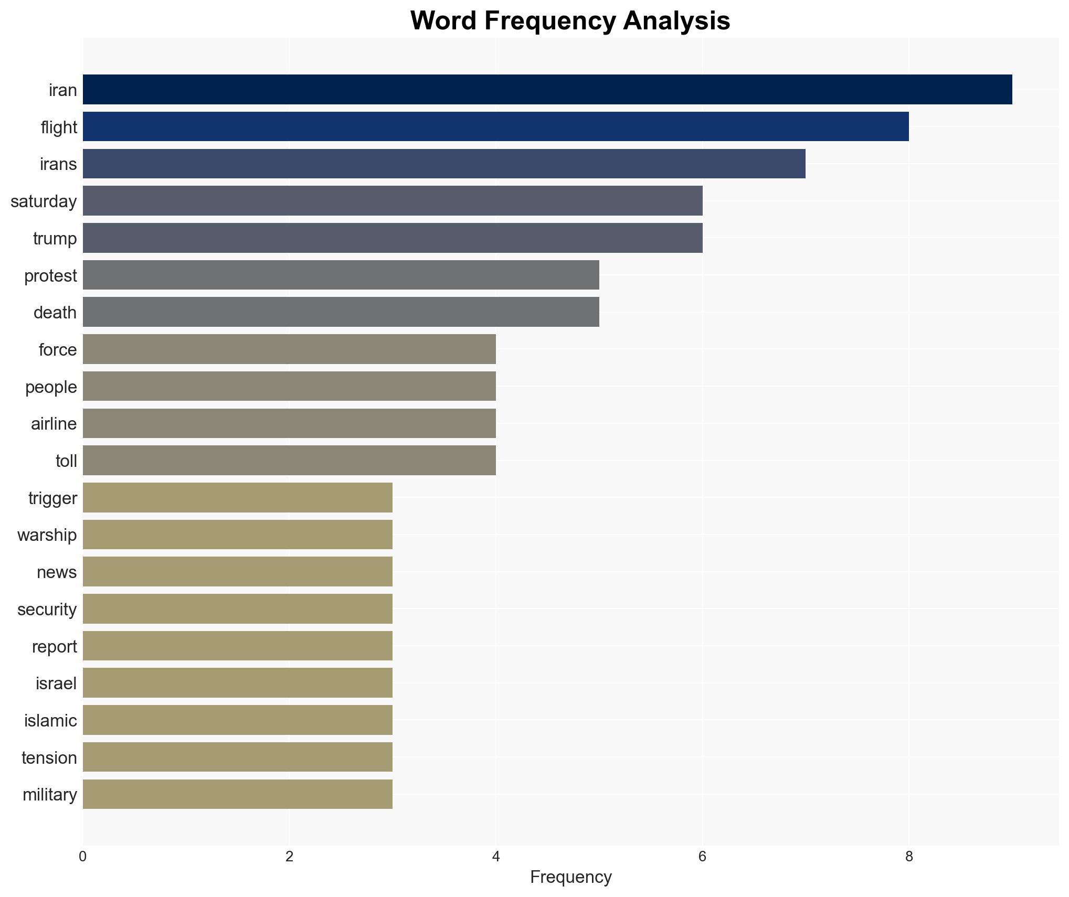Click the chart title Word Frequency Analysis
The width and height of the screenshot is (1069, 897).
click(570, 21)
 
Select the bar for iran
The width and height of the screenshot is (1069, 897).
click(547, 90)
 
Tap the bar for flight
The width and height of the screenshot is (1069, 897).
click(495, 126)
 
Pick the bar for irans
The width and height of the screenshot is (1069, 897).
click(444, 164)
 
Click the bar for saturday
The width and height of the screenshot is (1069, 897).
click(393, 201)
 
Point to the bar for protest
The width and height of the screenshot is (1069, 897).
click(341, 275)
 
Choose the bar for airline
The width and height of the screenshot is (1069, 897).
click(289, 423)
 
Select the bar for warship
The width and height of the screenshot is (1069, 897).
click(238, 535)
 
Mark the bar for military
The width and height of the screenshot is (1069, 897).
click(238, 794)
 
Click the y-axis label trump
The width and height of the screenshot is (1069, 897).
click(55, 239)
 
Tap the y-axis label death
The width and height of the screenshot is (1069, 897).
click(55, 313)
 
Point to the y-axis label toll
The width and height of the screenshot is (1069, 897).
click(66, 461)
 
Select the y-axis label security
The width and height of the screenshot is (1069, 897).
click(47, 610)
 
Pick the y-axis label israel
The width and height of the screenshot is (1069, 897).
click(56, 684)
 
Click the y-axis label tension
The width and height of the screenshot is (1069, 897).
click(49, 758)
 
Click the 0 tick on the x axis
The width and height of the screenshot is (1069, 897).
click(83, 857)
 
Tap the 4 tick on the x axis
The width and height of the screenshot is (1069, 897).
click(496, 857)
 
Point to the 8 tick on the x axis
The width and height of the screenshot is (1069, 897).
click(909, 857)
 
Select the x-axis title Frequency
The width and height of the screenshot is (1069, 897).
click(570, 877)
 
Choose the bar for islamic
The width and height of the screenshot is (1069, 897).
click(238, 720)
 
